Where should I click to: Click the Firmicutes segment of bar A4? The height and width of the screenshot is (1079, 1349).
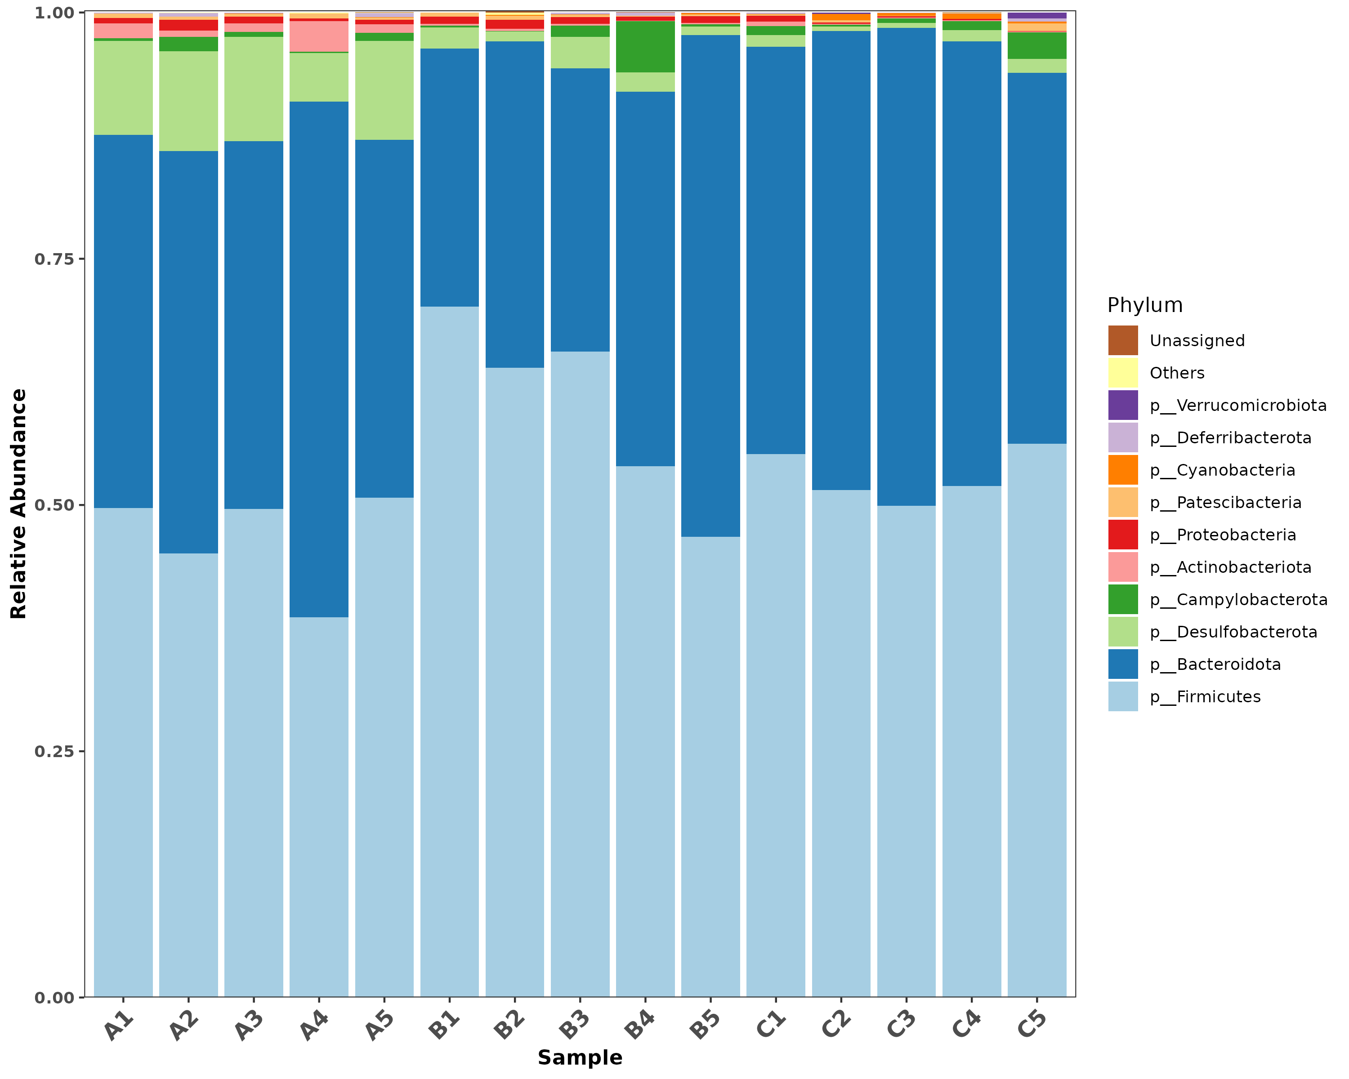(319, 807)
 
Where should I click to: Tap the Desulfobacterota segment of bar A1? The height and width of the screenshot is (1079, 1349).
(123, 88)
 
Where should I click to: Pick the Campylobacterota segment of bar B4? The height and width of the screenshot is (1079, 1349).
(645, 47)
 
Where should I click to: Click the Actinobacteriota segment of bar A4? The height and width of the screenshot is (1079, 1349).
(319, 36)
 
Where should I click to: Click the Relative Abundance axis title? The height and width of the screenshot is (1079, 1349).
(19, 504)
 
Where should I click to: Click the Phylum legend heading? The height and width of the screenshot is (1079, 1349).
(1145, 305)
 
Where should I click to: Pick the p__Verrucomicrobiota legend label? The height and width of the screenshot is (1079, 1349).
(1237, 406)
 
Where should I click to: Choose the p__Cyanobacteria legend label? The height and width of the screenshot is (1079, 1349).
(1222, 470)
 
